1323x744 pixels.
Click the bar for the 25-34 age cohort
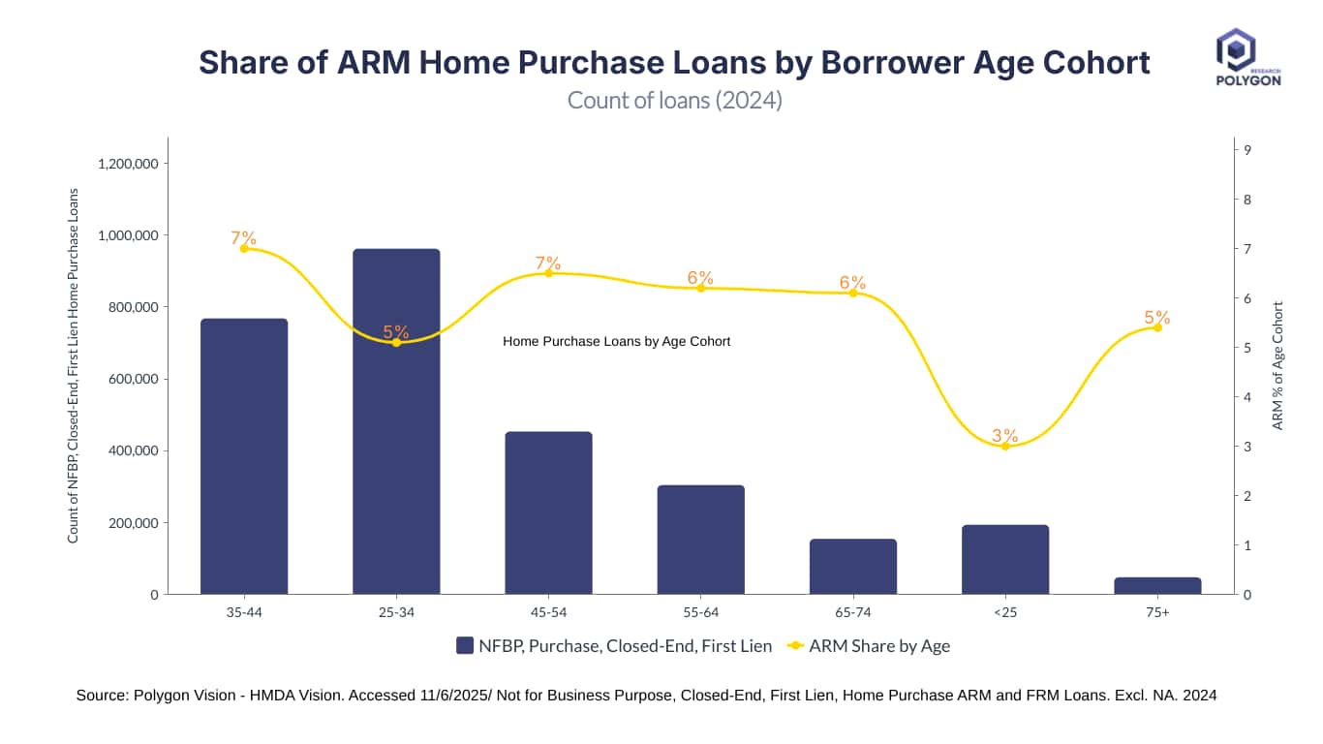pyautogui.click(x=396, y=421)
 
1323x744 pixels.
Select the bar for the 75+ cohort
pyautogui.click(x=1157, y=586)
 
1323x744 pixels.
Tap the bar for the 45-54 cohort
pyautogui.click(x=548, y=512)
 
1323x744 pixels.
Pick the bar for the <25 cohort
pyautogui.click(x=1005, y=559)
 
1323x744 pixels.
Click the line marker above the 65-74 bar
pyautogui.click(x=853, y=293)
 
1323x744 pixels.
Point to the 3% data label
pyautogui.click(x=1005, y=435)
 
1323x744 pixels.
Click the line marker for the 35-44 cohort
pyautogui.click(x=244, y=248)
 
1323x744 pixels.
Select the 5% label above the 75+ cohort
pyautogui.click(x=1157, y=317)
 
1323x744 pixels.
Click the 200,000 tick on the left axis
pyautogui.click(x=130, y=523)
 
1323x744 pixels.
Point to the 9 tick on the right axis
pyautogui.click(x=1248, y=149)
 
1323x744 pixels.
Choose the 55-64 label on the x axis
pyautogui.click(x=700, y=612)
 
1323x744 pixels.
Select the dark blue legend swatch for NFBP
pyautogui.click(x=465, y=646)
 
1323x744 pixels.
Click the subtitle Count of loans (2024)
pyautogui.click(x=674, y=100)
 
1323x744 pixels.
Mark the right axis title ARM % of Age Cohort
pyautogui.click(x=1277, y=365)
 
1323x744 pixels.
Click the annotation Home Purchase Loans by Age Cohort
pyautogui.click(x=616, y=341)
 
